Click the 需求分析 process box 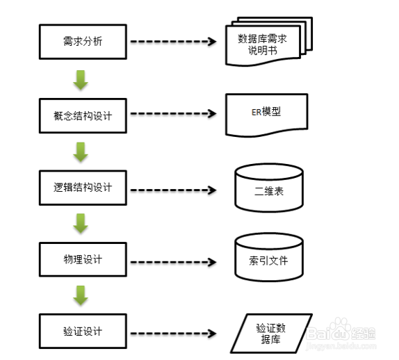83,42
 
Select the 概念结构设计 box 83,116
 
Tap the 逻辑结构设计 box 83,188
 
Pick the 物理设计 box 83,259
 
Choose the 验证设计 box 83,332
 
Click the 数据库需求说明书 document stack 269,42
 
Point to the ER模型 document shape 267,115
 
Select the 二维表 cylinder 269,188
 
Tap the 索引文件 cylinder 269,257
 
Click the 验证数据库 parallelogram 271,334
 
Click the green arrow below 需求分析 81,80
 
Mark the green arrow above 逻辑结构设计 81,152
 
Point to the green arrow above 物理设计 81,224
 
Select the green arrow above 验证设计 81,295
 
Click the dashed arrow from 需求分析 173,42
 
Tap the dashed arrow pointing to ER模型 173,113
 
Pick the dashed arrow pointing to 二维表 173,190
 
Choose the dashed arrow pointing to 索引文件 173,262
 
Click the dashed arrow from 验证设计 173,334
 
